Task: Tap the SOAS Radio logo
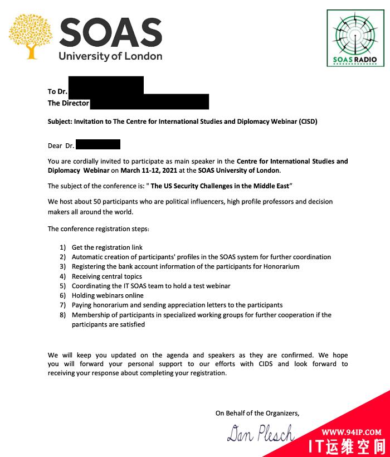[354, 37]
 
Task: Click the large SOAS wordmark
[110, 33]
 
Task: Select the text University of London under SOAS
[110, 56]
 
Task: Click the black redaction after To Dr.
[105, 86]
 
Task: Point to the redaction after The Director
[149, 102]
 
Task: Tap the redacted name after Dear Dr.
[98, 145]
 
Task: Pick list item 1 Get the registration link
[107, 247]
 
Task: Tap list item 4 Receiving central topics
[106, 276]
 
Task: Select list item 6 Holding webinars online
[108, 295]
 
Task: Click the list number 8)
[63, 315]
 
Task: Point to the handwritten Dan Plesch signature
[260, 433]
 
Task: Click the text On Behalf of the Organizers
[257, 413]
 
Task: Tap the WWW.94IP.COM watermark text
[351, 431]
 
